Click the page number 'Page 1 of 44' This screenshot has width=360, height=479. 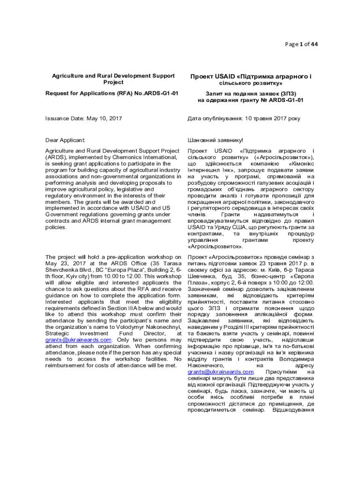(x=301, y=44)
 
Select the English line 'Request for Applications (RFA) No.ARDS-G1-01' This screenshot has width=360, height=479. (x=112, y=94)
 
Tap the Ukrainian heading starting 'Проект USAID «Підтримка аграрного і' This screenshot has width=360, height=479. (x=251, y=76)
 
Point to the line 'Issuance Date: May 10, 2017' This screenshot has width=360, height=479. (x=83, y=119)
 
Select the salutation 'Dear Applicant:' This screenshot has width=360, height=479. (x=65, y=140)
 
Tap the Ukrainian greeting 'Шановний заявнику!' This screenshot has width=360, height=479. (x=215, y=140)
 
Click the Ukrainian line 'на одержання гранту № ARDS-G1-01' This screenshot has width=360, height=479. (x=251, y=100)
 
